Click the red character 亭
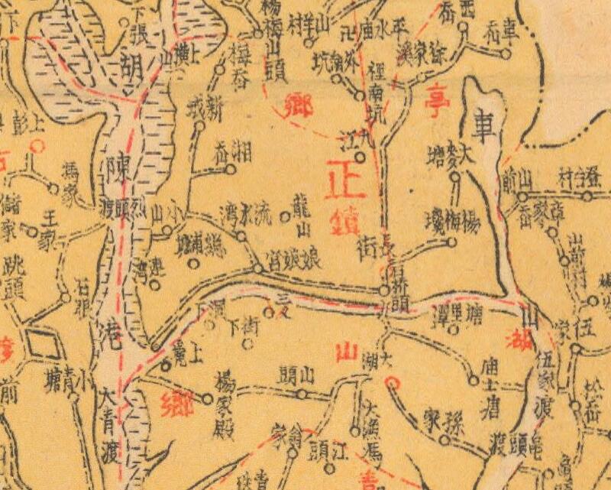[x=433, y=99]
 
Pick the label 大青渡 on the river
[x=108, y=430]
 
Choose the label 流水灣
[x=244, y=210]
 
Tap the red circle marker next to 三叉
[x=268, y=311]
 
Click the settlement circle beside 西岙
[x=463, y=26]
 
